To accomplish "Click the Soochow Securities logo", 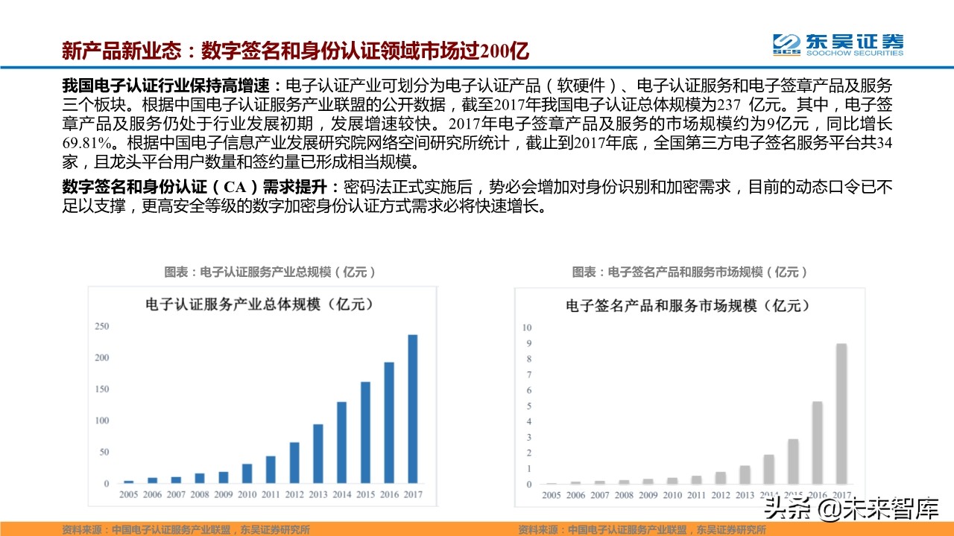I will (837, 44).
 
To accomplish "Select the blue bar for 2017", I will (412, 409).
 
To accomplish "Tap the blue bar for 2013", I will (318, 453).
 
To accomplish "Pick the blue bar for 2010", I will (247, 473).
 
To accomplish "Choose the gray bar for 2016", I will (817, 442).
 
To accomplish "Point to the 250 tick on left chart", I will (101, 326).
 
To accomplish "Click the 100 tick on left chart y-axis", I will (101, 421).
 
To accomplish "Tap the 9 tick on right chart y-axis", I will (528, 343).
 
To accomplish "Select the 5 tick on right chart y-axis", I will (528, 406).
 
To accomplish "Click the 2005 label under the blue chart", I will (129, 494).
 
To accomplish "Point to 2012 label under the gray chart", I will (721, 495).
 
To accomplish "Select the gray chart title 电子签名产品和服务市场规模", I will (687, 305).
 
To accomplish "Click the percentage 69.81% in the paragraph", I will (90, 142).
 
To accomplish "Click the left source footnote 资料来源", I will (186, 529).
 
